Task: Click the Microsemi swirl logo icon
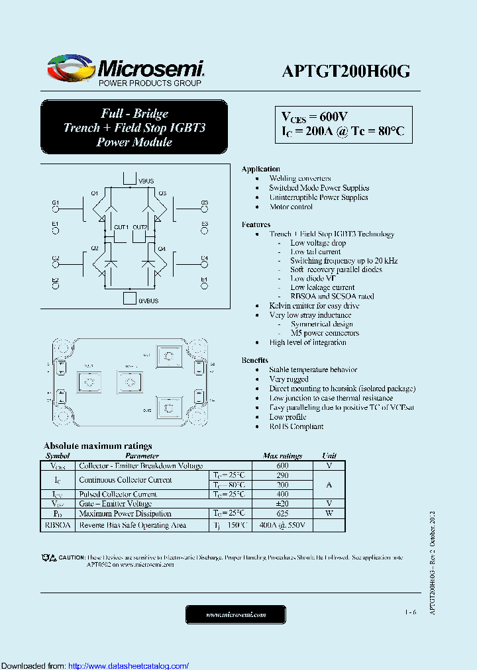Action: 70,68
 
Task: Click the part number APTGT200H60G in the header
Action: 346,72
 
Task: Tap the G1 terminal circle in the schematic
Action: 56,211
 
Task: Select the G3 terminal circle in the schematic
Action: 204,211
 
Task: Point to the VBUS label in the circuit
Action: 146,181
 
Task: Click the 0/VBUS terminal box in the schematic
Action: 130,298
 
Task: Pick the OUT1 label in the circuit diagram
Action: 121,227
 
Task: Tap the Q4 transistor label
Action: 161,249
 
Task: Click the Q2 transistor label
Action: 94,249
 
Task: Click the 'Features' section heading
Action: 256,224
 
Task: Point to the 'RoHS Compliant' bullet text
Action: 296,426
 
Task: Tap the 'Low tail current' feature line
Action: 315,252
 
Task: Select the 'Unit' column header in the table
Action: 329,455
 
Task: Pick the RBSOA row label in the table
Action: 58,525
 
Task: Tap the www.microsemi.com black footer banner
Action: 236,615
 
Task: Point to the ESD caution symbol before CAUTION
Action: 49,558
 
